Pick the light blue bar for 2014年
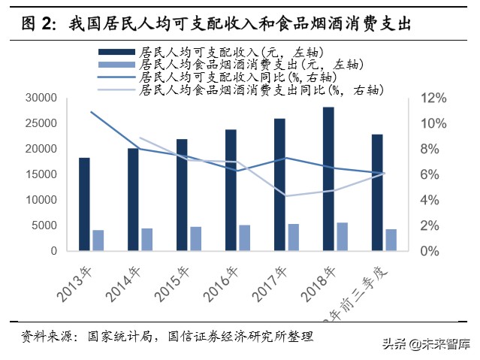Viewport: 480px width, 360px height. pos(147,239)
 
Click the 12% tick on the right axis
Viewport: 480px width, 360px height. pos(433,98)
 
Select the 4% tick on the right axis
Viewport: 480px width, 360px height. pos(430,201)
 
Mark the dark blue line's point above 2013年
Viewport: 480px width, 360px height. pos(91,112)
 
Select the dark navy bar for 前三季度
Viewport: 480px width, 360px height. pos(377,192)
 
